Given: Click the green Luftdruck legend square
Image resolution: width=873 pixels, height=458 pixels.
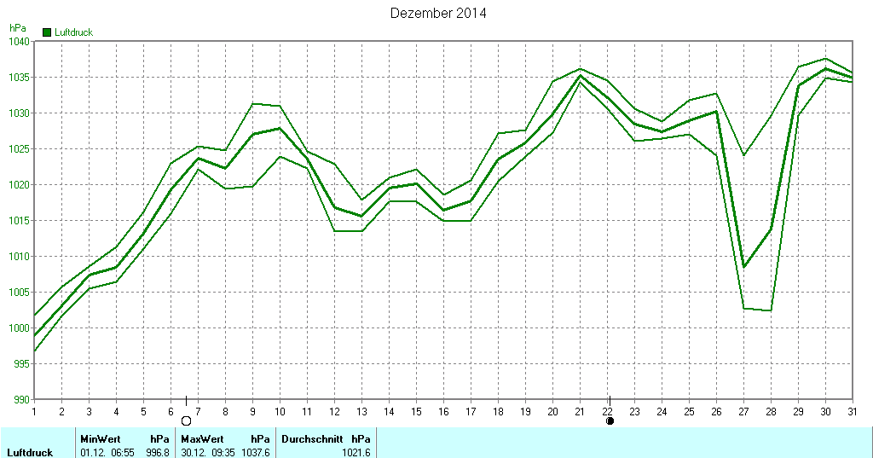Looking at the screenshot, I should [46, 32].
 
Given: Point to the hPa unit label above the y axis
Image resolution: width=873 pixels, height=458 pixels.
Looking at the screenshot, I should [18, 28].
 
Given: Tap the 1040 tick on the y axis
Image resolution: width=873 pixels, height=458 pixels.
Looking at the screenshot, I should [19, 42].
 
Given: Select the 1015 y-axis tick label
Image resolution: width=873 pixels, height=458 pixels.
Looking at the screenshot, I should [19, 221].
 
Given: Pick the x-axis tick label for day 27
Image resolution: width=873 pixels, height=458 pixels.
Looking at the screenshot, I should [743, 411].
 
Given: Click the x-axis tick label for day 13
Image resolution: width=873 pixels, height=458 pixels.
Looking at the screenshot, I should [361, 411].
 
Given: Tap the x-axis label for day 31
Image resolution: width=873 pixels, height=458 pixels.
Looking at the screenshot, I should [853, 411].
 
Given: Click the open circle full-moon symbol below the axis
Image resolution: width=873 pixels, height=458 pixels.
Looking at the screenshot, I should [186, 420].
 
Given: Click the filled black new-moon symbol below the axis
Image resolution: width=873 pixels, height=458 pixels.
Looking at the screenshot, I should [610, 420].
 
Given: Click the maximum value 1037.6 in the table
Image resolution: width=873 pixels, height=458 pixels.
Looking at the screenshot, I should [256, 452].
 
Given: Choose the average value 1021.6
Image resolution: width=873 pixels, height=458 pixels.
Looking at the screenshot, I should [356, 452].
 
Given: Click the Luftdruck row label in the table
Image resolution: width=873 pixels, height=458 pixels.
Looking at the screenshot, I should [30, 452].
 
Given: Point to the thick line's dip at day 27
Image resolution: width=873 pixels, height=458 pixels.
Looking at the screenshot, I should [743, 267].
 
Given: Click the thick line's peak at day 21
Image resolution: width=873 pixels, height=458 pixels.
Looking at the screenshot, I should [580, 75].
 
